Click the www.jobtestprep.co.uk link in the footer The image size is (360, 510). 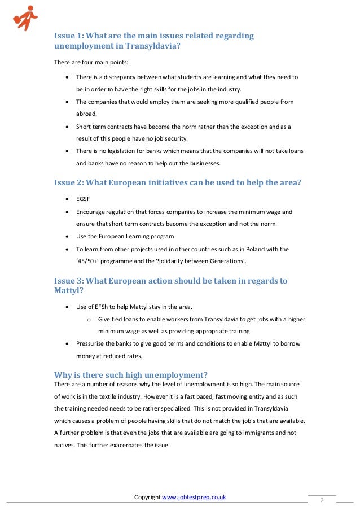[194, 497]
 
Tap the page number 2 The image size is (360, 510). [322, 500]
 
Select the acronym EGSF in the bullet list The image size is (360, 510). [84, 199]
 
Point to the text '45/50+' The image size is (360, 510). [89, 261]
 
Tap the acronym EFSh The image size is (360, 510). [104, 307]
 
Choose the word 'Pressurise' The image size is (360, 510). [91, 343]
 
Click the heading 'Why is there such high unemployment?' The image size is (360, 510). [130, 374]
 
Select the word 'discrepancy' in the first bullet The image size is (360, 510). [118, 77]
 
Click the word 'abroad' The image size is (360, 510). [86, 114]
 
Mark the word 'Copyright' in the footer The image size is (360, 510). [147, 497]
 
